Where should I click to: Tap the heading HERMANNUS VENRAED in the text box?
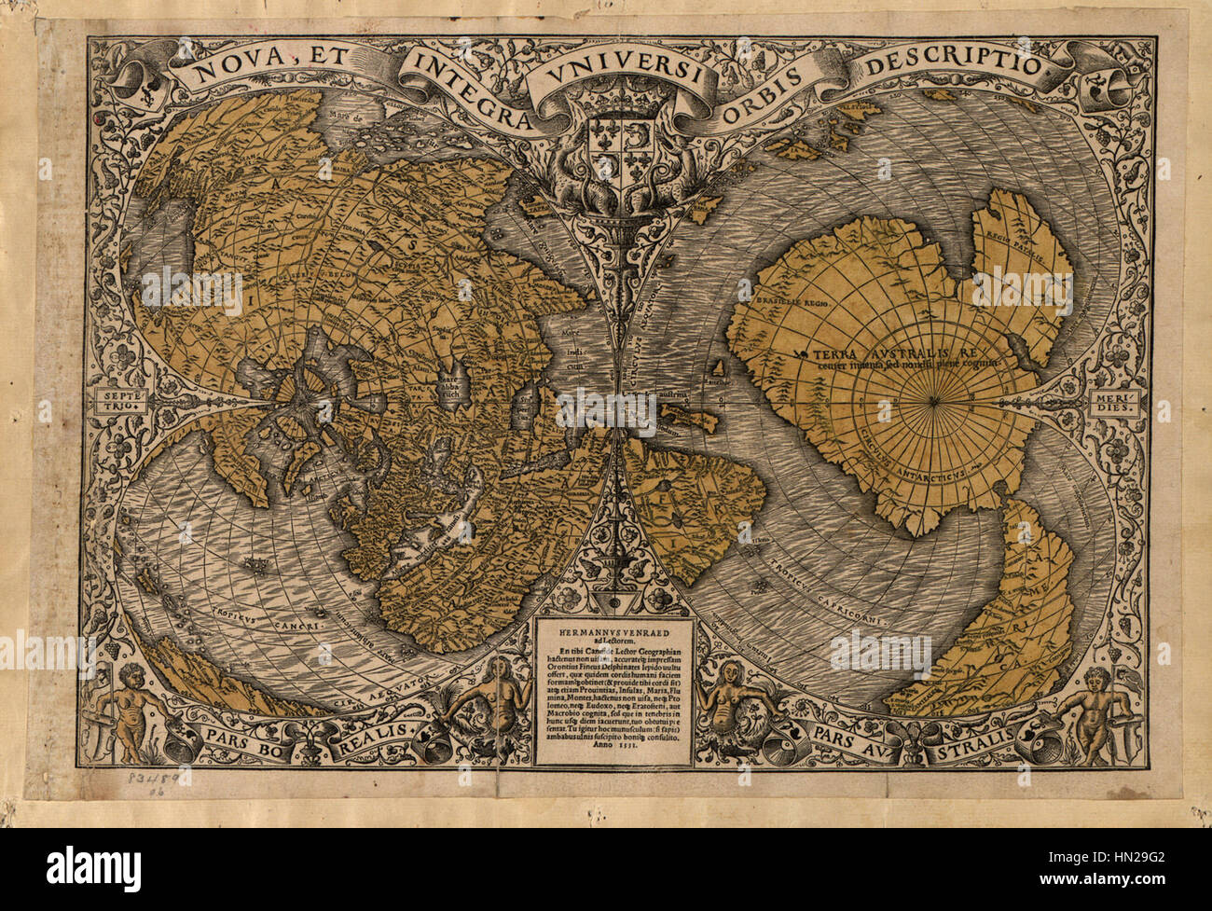(606, 631)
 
